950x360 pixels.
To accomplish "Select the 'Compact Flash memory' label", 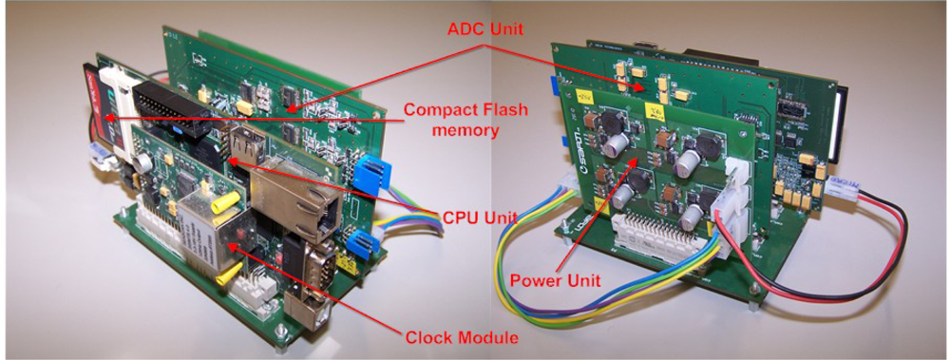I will coord(454,118).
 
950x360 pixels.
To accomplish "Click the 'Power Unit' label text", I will coord(553,280).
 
